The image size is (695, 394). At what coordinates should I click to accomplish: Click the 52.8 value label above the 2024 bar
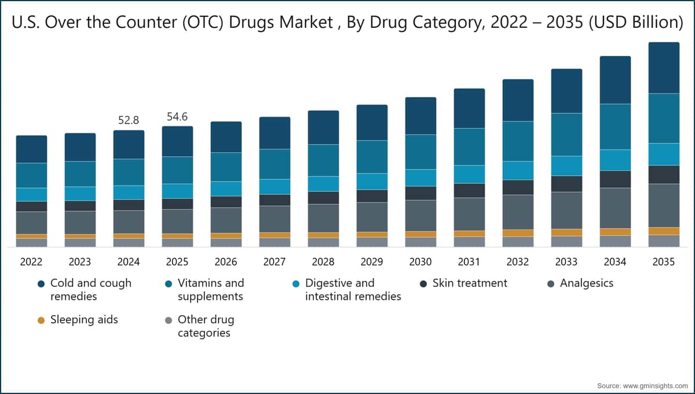(x=129, y=120)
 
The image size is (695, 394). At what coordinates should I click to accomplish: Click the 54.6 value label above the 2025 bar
(x=177, y=116)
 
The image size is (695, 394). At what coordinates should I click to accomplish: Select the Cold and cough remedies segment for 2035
(x=664, y=68)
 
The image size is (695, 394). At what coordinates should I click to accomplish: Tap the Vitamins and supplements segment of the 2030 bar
(x=420, y=152)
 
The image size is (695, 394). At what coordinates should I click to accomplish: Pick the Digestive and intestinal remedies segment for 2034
(x=615, y=160)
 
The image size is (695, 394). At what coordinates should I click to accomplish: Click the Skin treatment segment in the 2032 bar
(x=518, y=188)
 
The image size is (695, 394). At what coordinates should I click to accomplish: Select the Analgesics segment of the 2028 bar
(x=323, y=218)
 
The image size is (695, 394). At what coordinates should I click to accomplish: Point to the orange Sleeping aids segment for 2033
(x=566, y=232)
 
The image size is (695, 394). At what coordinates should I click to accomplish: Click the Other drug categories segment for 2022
(x=32, y=243)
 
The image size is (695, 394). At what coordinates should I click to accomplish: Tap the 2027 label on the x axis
(x=275, y=262)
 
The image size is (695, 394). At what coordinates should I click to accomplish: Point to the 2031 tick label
(x=469, y=262)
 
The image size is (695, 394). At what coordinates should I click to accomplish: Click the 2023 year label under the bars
(x=80, y=262)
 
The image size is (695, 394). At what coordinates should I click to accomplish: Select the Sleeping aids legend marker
(x=41, y=320)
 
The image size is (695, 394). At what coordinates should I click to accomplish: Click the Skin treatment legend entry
(x=463, y=283)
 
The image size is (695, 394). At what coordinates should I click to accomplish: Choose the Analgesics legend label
(x=586, y=283)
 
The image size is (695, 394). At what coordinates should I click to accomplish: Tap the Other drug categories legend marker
(x=169, y=320)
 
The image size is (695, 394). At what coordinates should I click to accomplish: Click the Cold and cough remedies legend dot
(x=41, y=284)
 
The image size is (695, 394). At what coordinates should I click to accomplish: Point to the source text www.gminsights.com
(x=655, y=386)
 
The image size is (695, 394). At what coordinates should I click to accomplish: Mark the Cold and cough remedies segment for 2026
(x=226, y=137)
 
